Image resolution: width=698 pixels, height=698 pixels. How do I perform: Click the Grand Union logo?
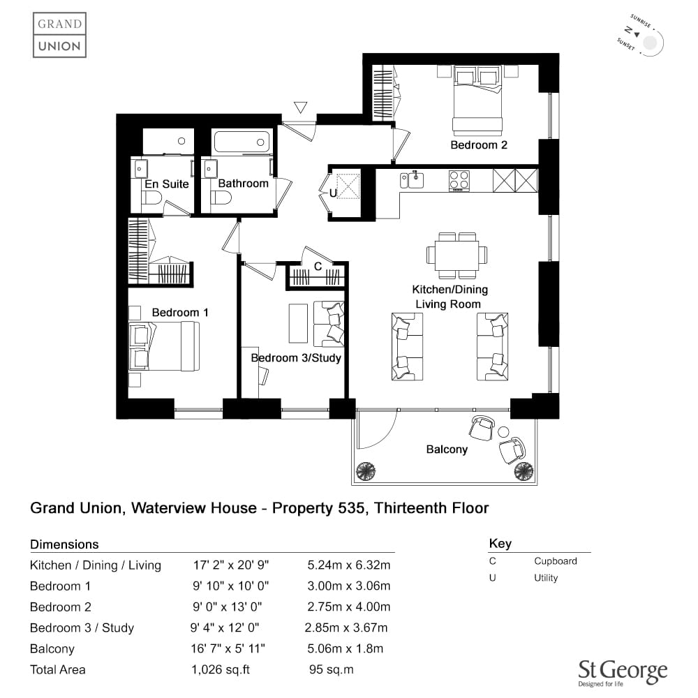coord(59,35)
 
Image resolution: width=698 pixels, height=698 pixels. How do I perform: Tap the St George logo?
coord(623,673)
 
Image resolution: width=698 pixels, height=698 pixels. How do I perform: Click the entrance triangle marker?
coord(300,107)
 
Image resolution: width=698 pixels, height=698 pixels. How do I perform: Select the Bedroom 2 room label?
coord(479,145)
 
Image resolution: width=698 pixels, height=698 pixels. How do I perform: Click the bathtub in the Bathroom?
coord(242,142)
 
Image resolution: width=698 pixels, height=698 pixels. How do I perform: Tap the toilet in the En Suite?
coord(151,198)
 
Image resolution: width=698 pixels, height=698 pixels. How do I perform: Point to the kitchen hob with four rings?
coord(459,181)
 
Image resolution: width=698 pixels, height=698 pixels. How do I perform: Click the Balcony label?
coord(447,449)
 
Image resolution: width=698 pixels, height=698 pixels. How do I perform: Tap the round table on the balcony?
coord(503,431)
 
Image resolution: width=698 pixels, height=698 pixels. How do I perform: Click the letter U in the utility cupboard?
coord(333,193)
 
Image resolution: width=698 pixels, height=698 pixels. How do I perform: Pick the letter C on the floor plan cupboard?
coord(318,266)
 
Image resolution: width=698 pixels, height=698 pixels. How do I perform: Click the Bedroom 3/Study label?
coord(296,358)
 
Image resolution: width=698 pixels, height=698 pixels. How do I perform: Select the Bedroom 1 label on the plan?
coord(180,313)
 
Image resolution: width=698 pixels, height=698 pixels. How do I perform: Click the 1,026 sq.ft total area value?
coord(221,669)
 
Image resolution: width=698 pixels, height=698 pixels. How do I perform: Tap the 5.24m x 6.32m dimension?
coord(348,565)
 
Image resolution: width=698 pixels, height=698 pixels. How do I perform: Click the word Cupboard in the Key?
coord(556,561)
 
